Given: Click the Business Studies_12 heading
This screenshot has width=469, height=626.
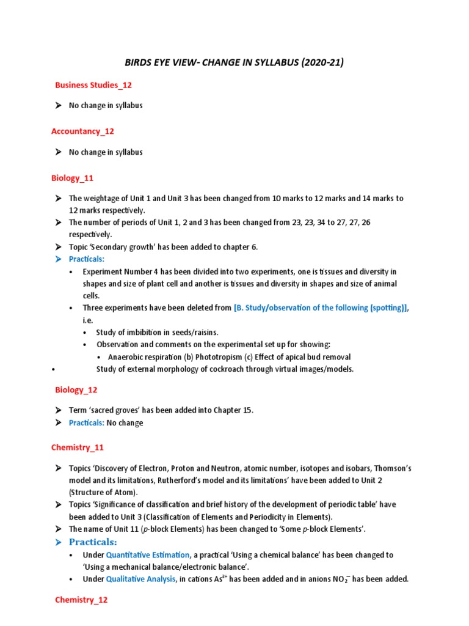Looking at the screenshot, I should pyautogui.click(x=93, y=84).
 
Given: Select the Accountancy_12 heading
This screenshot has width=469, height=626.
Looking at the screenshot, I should pyautogui.click(x=82, y=131).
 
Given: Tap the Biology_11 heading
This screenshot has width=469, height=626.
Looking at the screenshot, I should pyautogui.click(x=73, y=178).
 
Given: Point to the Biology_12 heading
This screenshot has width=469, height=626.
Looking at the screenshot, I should pyautogui.click(x=76, y=389).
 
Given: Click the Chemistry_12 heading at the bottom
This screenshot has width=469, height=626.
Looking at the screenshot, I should pyautogui.click(x=81, y=600).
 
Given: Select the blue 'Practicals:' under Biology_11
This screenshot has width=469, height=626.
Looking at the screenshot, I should pyautogui.click(x=87, y=259).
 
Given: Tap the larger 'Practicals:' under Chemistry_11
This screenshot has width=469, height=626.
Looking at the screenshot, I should pyautogui.click(x=93, y=542).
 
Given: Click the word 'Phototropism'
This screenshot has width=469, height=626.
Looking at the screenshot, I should pyautogui.click(x=211, y=357).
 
